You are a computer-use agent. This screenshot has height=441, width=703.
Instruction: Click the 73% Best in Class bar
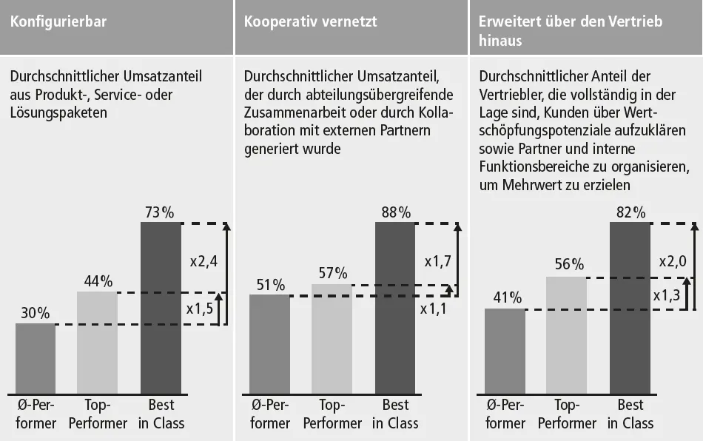[161, 307]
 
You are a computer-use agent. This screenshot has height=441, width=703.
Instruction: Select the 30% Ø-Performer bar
[36, 358]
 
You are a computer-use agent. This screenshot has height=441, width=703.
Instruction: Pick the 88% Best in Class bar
[395, 307]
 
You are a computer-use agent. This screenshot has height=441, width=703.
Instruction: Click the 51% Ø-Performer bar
[269, 343]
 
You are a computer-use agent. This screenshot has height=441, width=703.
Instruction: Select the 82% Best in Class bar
[630, 307]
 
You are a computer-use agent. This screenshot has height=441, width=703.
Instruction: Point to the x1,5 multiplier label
[199, 309]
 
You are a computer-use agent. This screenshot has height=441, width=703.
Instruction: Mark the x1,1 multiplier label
[434, 309]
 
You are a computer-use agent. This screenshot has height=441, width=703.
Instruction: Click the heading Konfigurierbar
[58, 21]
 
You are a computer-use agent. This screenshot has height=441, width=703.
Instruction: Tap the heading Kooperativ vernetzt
[311, 21]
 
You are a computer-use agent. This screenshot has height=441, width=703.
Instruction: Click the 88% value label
[395, 213]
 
